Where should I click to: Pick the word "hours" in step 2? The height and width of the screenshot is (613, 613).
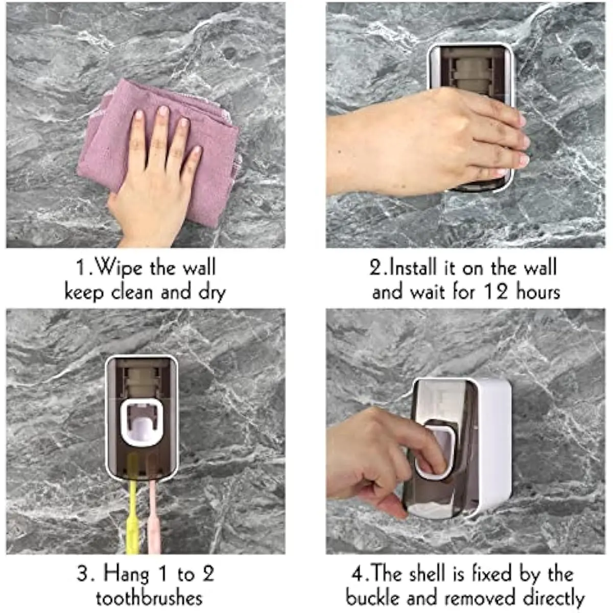click(x=538, y=292)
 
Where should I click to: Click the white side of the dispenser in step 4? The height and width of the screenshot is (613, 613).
click(x=496, y=445)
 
